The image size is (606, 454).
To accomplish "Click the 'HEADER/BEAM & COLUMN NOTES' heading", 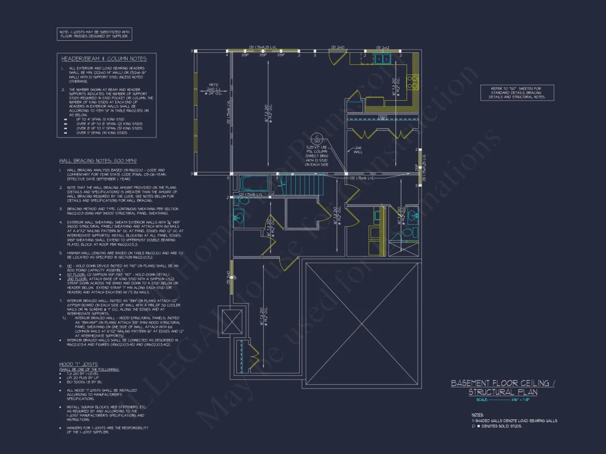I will pos(104,58).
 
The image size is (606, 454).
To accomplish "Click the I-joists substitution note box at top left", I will pos(95,34).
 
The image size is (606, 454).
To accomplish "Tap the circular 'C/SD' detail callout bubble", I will pos(317,138).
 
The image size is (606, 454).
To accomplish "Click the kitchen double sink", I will pos(381,59).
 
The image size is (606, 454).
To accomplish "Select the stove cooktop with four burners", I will pos(412,81).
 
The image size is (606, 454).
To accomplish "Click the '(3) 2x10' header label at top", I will pos(337,47).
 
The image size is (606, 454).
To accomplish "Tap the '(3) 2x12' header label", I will pos(383,47).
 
